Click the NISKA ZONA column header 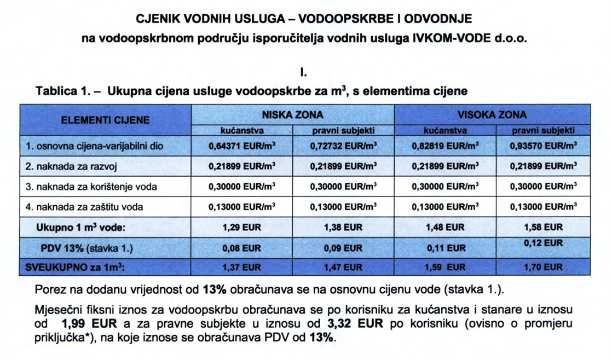[293, 115]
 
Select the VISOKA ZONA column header [492, 115]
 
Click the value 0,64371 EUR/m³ [242, 147]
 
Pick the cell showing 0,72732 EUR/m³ [343, 147]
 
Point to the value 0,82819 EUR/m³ [444, 147]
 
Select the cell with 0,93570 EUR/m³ [543, 147]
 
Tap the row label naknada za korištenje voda [91, 187]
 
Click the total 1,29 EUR [242, 227]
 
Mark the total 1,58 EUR [543, 227]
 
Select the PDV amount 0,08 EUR [242, 248]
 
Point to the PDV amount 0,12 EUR [543, 243]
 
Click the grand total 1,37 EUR [242, 268]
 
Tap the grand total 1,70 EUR [543, 268]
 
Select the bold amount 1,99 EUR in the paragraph [84, 323]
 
